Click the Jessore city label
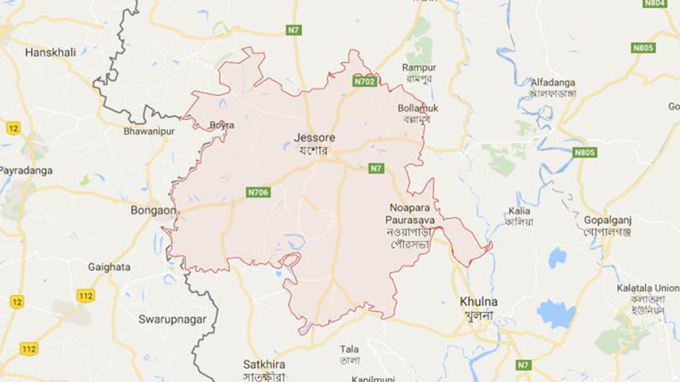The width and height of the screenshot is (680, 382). click(x=311, y=136)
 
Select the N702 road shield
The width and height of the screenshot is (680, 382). click(x=366, y=81)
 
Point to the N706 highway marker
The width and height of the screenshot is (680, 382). click(x=258, y=192)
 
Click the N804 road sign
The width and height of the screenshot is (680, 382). click(x=654, y=4)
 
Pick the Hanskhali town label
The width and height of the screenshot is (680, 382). click(x=50, y=52)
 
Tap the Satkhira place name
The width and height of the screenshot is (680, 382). click(x=264, y=365)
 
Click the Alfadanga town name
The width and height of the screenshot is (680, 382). click(x=553, y=82)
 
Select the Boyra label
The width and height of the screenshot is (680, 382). click(x=221, y=125)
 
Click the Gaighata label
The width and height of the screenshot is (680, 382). click(x=109, y=267)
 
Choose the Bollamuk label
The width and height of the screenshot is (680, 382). click(x=418, y=108)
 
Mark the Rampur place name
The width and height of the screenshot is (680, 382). click(x=419, y=67)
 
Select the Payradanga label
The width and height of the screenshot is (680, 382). click(x=24, y=170)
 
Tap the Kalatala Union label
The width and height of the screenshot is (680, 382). click(x=647, y=288)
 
